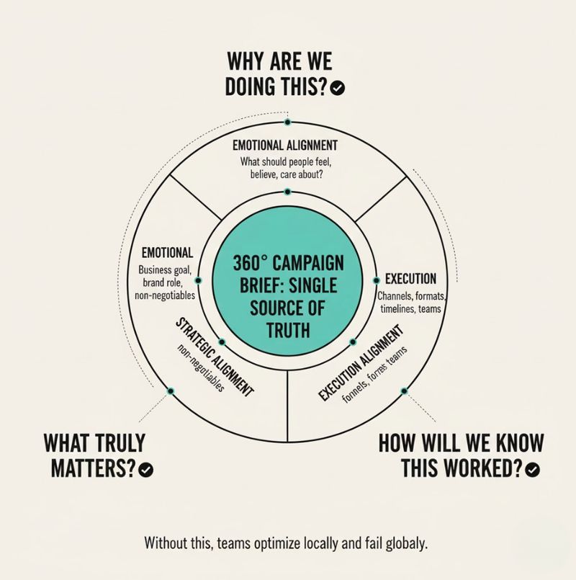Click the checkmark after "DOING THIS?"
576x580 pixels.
pos(337,88)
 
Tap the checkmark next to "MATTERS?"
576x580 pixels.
pos(146,469)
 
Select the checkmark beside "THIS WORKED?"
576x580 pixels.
pos(533,469)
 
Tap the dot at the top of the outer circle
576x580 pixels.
pos(287,122)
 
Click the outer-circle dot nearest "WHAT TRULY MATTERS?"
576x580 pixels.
pos(171,391)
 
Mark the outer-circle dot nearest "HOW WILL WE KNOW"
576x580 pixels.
pos(405,391)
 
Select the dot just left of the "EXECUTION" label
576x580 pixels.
pos(376,280)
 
